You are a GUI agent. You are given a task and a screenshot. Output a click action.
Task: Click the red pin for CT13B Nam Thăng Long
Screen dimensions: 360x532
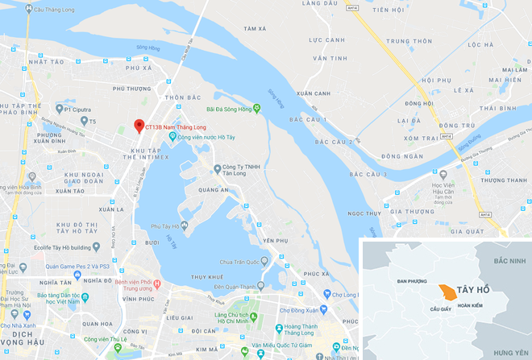pos(139,126)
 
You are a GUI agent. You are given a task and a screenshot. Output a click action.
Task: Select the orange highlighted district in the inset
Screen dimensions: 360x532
pos(445,294)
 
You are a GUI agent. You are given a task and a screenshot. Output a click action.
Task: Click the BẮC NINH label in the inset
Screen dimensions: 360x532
pos(509,262)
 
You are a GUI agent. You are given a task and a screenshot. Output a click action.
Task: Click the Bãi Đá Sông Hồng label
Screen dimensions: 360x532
pos(231,108)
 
